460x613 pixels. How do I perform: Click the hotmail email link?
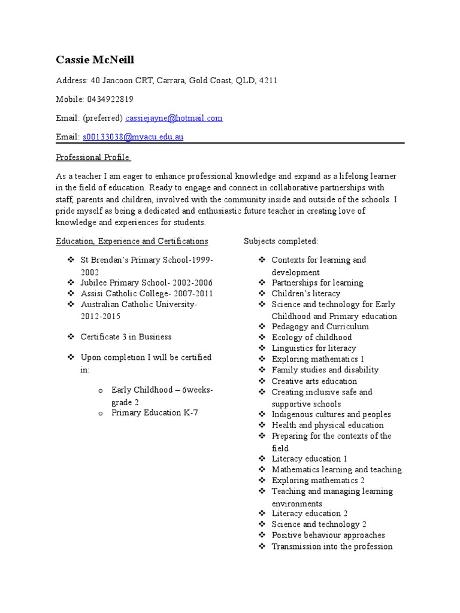coord(174,118)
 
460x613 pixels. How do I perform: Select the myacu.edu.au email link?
coord(133,137)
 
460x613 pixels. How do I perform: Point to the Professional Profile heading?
coord(93,157)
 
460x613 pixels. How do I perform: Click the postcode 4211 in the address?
coord(268,80)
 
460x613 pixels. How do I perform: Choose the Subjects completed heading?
coord(281,241)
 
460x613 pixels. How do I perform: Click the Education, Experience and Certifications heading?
coord(132,241)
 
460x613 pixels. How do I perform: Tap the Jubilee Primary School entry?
coord(146,283)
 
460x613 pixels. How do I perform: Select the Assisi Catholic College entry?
coord(146,293)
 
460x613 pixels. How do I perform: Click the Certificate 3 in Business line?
coord(126,336)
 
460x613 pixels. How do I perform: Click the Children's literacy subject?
coord(305,293)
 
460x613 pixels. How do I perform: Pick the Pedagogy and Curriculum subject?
coord(320,326)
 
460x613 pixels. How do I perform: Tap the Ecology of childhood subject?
coord(311,337)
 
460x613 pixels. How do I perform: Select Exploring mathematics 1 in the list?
coord(317,359)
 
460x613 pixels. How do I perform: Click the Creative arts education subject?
coord(314,381)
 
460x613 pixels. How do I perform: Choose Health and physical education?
coord(328,425)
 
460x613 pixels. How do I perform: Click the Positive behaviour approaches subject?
coord(328,535)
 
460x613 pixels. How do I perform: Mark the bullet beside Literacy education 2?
coord(262,513)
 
